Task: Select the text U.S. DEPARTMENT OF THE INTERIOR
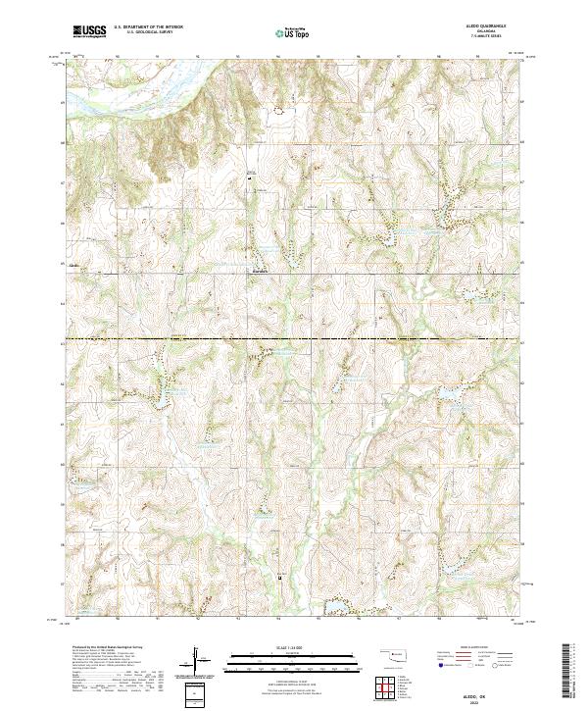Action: pos(155,27)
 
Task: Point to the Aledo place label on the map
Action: pos(73,264)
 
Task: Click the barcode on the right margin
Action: pos(572,671)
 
